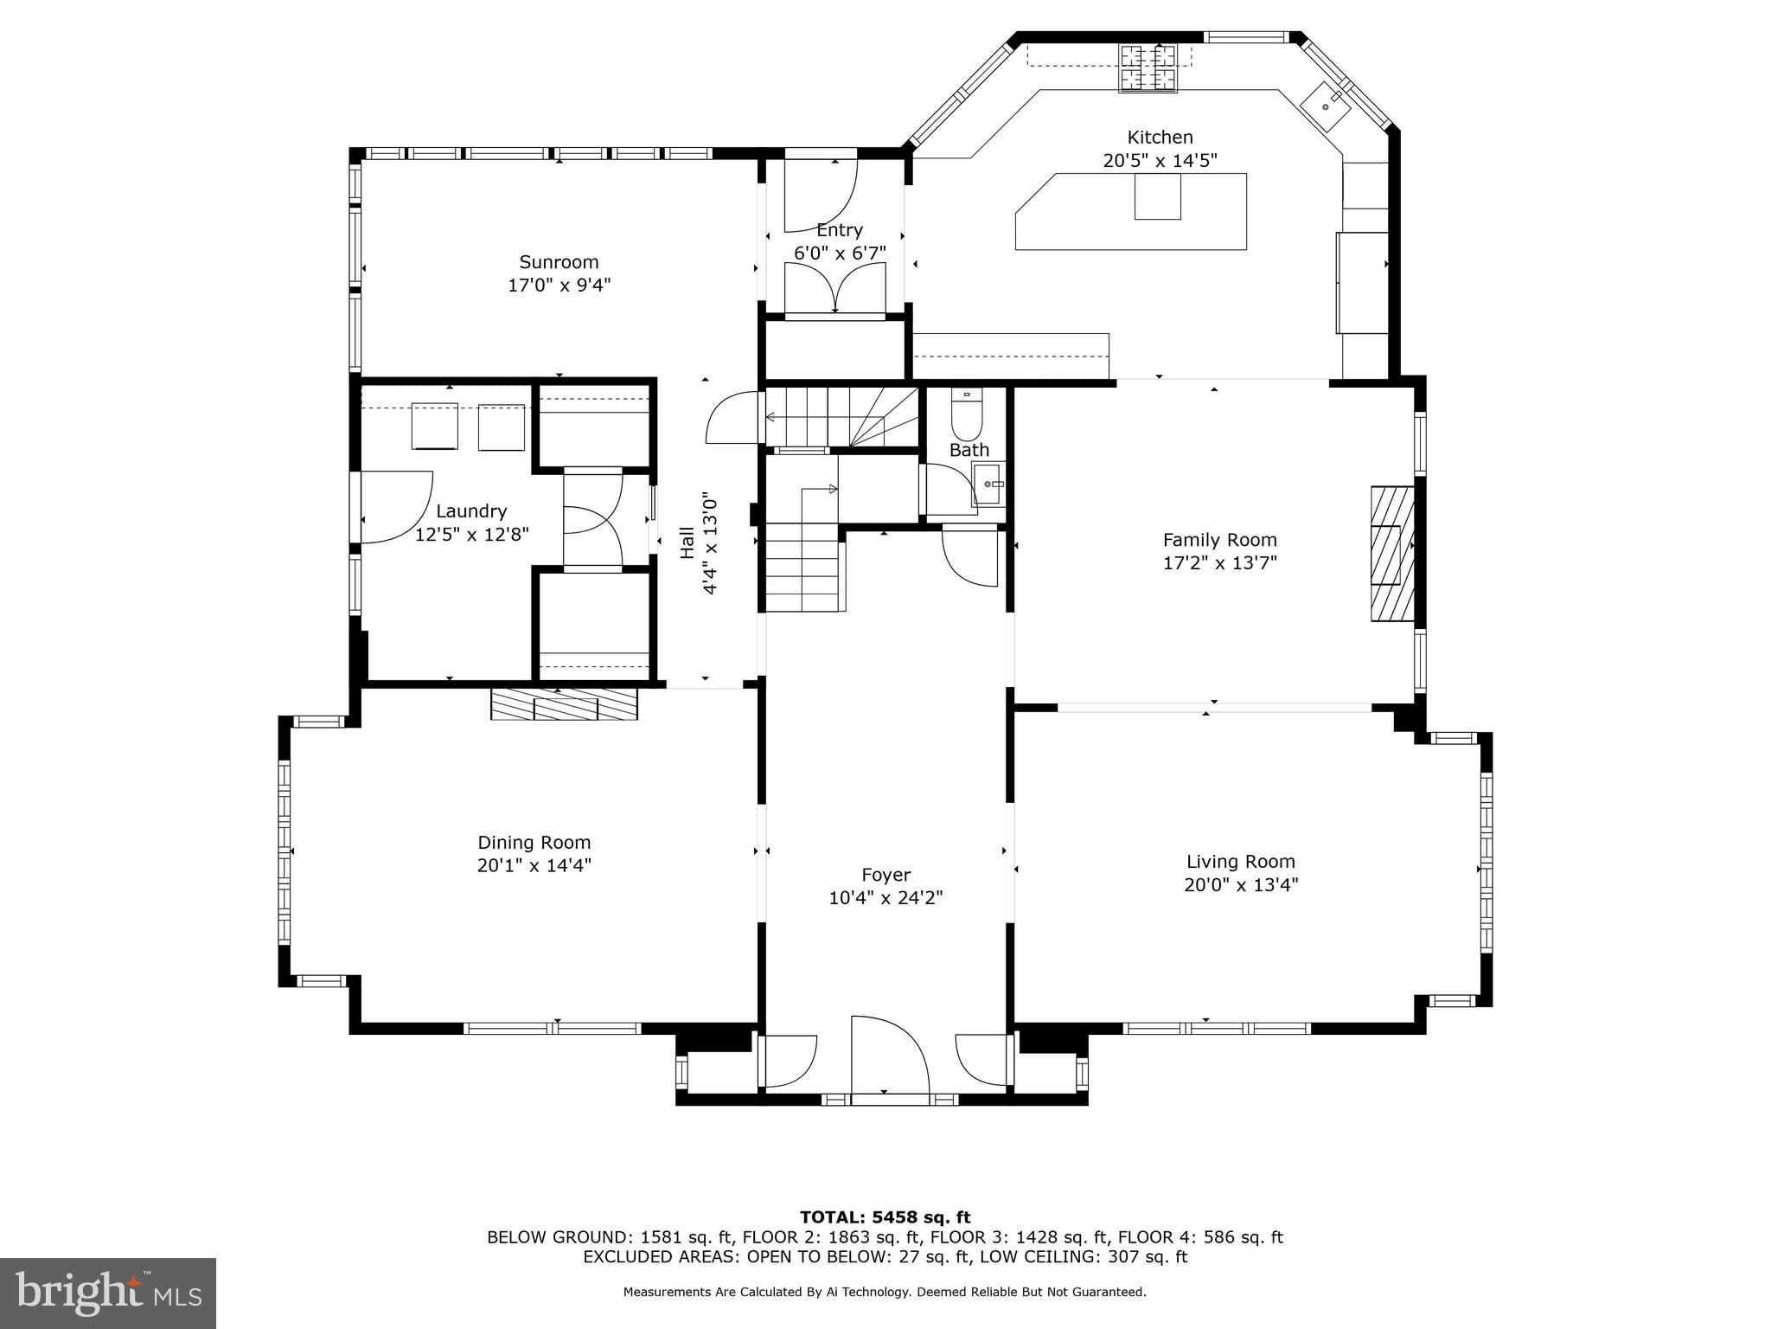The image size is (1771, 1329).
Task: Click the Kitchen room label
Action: pyautogui.click(x=1160, y=138)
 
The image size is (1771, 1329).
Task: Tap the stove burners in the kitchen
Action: pyautogui.click(x=1149, y=67)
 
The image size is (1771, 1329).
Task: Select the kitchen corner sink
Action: pyautogui.click(x=1325, y=105)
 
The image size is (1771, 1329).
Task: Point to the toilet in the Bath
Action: pyautogui.click(x=966, y=414)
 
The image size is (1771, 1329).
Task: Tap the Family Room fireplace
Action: pyautogui.click(x=1391, y=554)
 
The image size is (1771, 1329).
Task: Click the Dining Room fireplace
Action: pyautogui.click(x=564, y=704)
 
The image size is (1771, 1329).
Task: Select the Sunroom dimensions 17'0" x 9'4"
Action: pyautogui.click(x=559, y=286)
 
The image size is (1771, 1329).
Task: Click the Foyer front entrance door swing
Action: pyautogui.click(x=888, y=1056)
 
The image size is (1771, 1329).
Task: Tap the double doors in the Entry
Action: pyautogui.click(x=834, y=289)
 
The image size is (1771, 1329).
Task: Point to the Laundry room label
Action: pyautogui.click(x=471, y=511)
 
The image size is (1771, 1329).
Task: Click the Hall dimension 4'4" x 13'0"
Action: pyautogui.click(x=710, y=543)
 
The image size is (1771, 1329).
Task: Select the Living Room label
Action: pyautogui.click(x=1240, y=862)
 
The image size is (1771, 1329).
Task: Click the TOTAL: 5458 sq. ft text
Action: pyautogui.click(x=885, y=1217)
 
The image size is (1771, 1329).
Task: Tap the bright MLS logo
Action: pyautogui.click(x=107, y=1293)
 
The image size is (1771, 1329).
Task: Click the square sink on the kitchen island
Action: pyautogui.click(x=1157, y=197)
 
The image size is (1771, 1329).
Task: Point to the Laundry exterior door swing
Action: pyautogui.click(x=393, y=507)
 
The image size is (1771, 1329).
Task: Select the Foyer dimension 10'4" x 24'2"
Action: pyautogui.click(x=885, y=898)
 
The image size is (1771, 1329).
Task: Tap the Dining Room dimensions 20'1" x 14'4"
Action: pyautogui.click(x=534, y=865)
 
